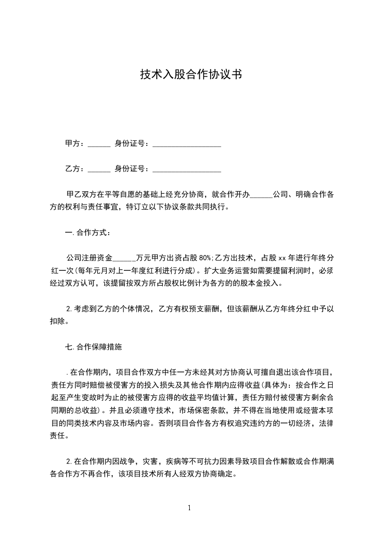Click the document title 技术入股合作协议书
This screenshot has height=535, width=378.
pyautogui.click(x=189, y=75)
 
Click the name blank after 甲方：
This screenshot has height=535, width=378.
pyautogui.click(x=99, y=144)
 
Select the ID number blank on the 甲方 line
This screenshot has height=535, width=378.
pyautogui.click(x=186, y=144)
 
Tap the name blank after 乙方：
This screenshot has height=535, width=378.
pyautogui.click(x=99, y=169)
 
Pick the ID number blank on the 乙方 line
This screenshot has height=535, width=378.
pyautogui.click(x=186, y=169)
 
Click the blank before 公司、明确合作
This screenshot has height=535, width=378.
pyautogui.click(x=261, y=195)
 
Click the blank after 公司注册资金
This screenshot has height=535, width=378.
pyautogui.click(x=125, y=258)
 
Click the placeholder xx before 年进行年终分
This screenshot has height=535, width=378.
pyautogui.click(x=282, y=258)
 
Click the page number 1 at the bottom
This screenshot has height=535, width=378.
pyautogui.click(x=189, y=508)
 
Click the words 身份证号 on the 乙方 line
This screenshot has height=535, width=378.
pyautogui.click(x=129, y=169)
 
